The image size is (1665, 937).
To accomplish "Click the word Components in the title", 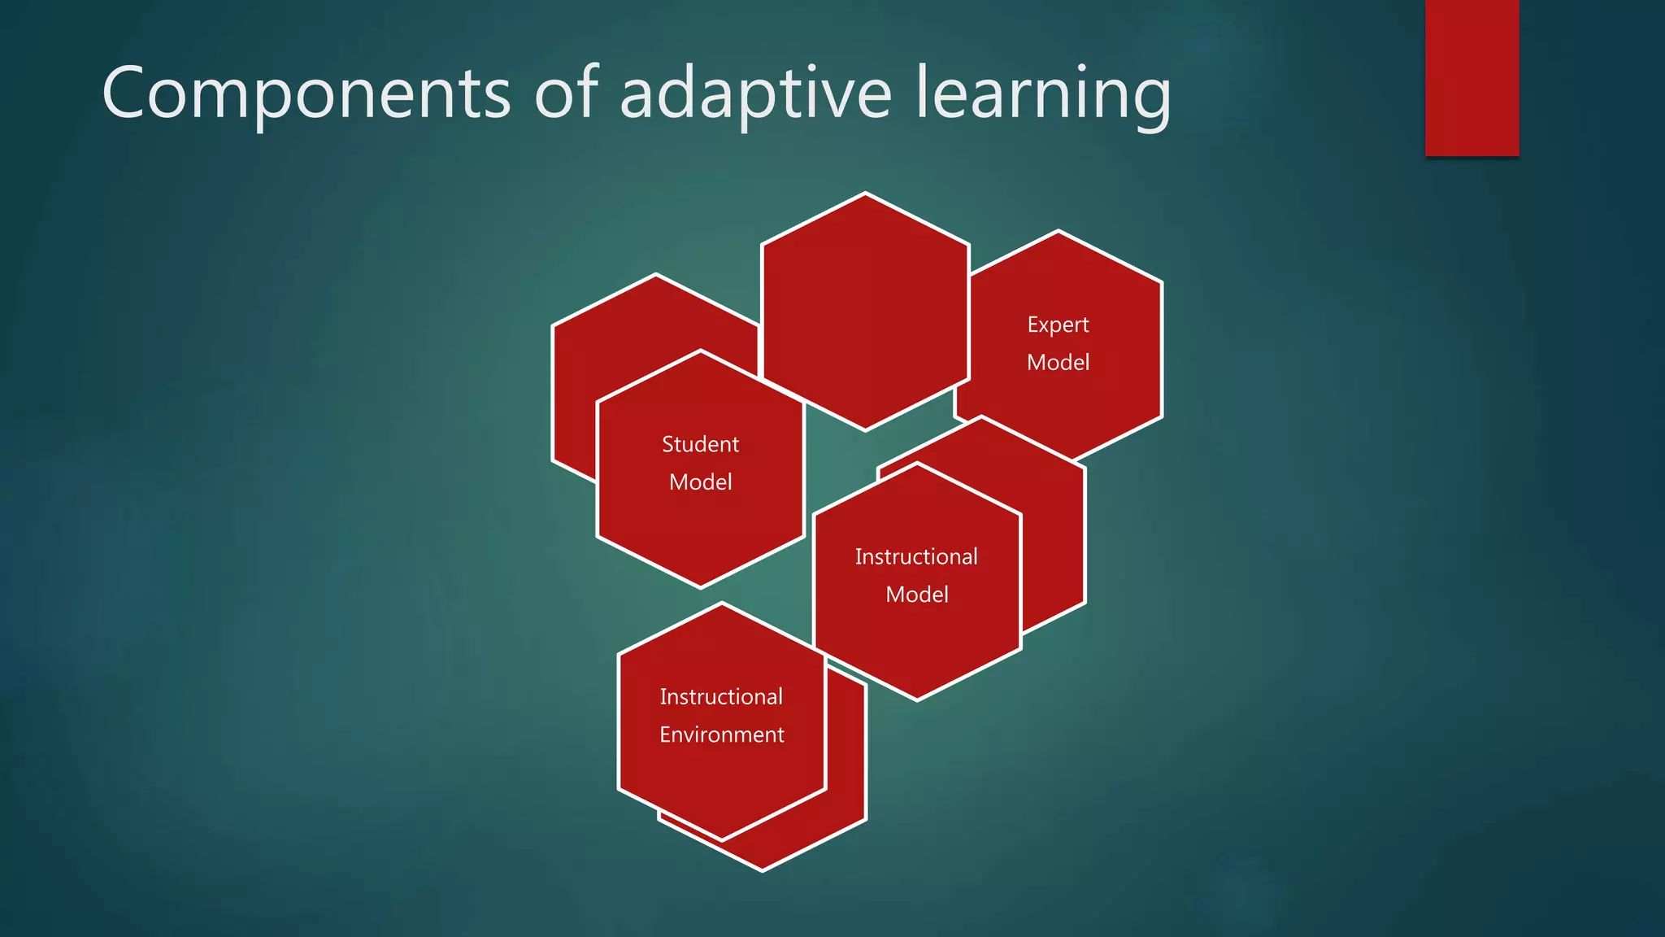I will coord(306,94).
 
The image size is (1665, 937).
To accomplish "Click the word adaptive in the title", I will coord(755,94).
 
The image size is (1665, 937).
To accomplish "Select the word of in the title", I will coord(566,94).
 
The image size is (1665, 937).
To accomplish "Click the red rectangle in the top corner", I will coord(1472,77).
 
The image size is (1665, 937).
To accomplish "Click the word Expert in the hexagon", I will coord(1058,325).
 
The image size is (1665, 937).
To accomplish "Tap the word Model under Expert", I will coord(1058,363).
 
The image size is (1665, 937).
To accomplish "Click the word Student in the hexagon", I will coord(700,445).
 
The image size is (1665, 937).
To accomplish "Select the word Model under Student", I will coord(700,482).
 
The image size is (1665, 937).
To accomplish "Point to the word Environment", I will coord(721,735).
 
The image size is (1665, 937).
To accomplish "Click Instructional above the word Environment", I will coord(721,697).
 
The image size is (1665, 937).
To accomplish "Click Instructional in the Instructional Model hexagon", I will coord(916,557).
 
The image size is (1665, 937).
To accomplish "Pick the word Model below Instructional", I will coord(916,595).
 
